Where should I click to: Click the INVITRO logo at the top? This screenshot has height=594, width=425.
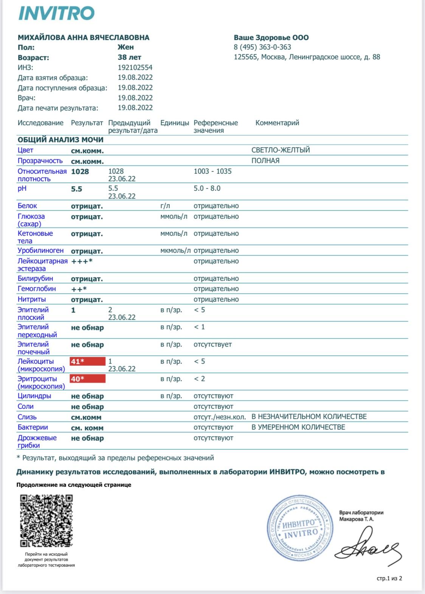pos(56,14)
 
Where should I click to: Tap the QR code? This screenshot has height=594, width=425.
pos(46,521)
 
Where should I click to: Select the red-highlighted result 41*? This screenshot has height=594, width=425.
pos(87,362)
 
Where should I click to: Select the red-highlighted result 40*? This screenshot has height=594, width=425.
pos(87,379)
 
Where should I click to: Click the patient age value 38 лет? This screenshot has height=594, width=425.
pos(129,58)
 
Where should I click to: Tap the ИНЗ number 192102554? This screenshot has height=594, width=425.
pos(135,67)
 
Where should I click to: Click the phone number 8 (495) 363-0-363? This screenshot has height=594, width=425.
pos(262,47)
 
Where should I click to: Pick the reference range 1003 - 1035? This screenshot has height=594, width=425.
pos(212,171)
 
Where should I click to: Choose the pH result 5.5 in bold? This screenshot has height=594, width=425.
pos(76,189)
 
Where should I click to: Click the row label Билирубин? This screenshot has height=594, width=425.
pos(35,278)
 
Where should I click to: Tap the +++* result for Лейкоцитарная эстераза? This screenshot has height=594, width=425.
pos(82,261)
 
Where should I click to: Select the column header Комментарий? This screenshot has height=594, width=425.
pos(277,123)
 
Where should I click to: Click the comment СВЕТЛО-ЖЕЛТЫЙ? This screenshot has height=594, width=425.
pos(281,150)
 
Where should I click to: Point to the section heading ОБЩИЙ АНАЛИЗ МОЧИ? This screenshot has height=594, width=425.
pos(60,140)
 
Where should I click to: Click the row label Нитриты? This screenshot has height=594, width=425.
pos(32,299)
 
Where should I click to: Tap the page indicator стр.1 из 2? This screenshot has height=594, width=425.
pos(389,578)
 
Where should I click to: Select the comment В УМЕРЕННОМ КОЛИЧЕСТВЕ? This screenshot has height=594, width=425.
pos(298,427)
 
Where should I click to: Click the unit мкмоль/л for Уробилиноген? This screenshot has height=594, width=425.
pos(175,251)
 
